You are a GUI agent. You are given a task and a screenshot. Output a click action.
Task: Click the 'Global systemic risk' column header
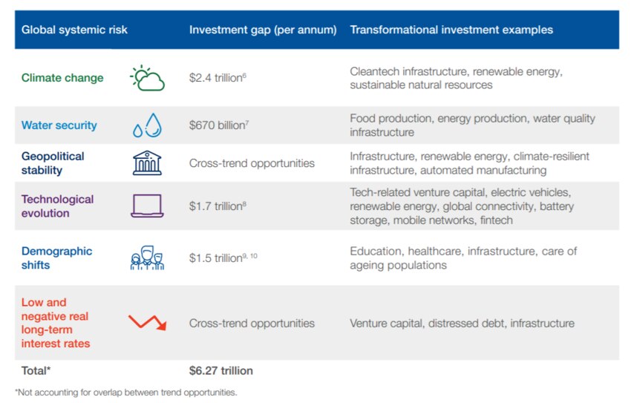click(x=74, y=30)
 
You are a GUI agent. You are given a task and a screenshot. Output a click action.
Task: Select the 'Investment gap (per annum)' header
click(x=263, y=30)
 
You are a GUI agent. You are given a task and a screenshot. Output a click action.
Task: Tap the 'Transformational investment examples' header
click(x=451, y=30)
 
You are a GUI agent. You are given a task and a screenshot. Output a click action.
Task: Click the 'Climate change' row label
click(x=62, y=78)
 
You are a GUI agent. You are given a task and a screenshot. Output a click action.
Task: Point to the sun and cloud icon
click(x=147, y=78)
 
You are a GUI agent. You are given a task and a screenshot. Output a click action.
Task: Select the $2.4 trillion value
click(x=217, y=78)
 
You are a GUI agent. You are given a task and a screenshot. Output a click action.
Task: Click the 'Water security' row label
click(x=59, y=125)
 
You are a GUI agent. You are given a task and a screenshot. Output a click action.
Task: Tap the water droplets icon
click(x=147, y=125)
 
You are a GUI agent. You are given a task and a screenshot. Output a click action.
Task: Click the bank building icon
click(x=147, y=163)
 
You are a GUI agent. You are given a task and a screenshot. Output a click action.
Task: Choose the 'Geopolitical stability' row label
click(x=53, y=163)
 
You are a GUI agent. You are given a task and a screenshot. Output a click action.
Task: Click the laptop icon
click(x=147, y=206)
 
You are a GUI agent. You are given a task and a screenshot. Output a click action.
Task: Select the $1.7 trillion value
click(x=217, y=206)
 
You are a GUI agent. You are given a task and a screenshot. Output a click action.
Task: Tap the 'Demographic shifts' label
click(x=57, y=258)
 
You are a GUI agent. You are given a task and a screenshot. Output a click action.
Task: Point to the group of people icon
click(x=147, y=258)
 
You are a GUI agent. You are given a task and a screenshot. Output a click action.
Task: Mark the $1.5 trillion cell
click(x=220, y=258)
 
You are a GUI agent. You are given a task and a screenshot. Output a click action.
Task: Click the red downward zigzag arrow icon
click(x=147, y=323)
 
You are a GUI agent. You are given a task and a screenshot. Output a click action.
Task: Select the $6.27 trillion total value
click(x=220, y=370)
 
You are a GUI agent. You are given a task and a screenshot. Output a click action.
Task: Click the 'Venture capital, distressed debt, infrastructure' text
click(x=462, y=323)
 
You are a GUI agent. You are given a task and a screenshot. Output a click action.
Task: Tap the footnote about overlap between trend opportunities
click(x=125, y=391)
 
